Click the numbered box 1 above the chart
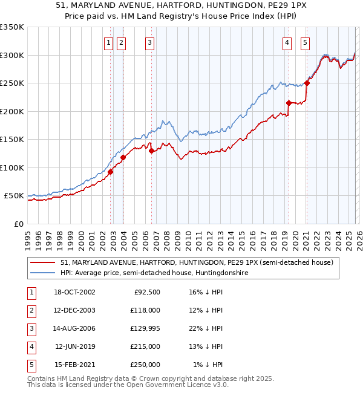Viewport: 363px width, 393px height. coord(108,42)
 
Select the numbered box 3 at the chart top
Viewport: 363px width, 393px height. coord(149,42)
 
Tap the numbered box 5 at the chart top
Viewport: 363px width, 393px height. coord(305,42)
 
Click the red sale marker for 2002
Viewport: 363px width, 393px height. coord(111,172)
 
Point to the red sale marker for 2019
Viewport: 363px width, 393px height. coord(289,103)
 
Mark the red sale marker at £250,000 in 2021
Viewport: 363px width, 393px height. coord(307,83)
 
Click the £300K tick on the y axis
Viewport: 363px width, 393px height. coord(11,55)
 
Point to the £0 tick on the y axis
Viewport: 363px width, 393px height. coord(18,224)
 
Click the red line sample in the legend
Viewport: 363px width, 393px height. coord(42,262)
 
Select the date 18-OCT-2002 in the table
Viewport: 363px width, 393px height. coord(74,292)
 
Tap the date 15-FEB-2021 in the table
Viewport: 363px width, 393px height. coord(74,365)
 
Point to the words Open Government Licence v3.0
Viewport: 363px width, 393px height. coord(176,385)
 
